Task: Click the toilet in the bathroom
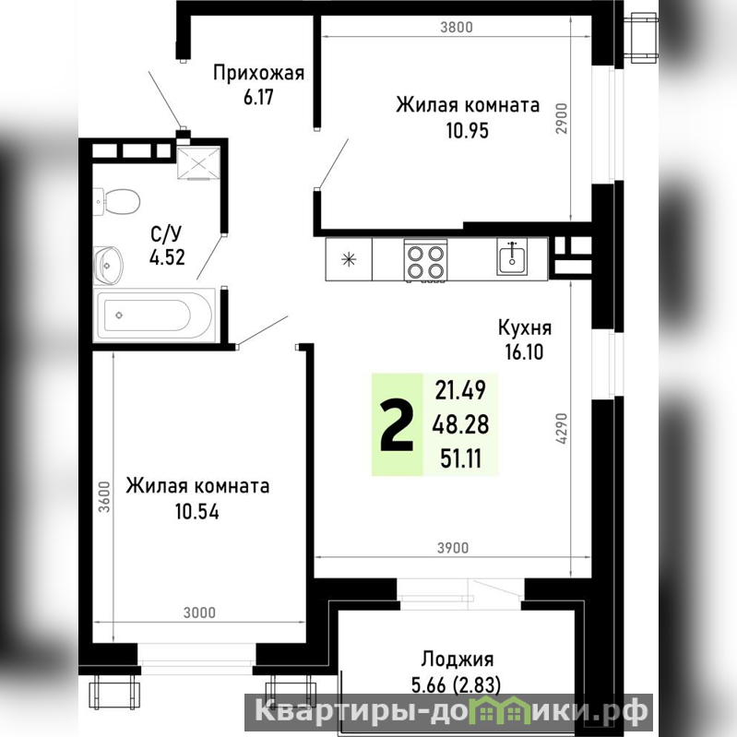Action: click(117, 202)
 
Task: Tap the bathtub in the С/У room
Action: click(154, 315)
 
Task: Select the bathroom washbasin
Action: click(108, 266)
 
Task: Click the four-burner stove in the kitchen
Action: click(425, 261)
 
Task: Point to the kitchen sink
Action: click(512, 256)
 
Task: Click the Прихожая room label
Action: click(258, 73)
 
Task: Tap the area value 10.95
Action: click(468, 131)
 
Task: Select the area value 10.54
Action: click(197, 511)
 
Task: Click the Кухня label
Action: click(525, 327)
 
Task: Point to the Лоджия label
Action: click(457, 659)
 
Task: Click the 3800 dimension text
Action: click(457, 28)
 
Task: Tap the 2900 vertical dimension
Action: click(562, 118)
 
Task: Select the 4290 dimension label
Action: click(561, 428)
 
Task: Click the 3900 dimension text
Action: click(453, 548)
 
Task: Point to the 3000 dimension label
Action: click(199, 612)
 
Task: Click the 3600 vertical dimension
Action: click(104, 496)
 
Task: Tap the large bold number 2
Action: click(398, 424)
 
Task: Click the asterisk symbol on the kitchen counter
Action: click(349, 259)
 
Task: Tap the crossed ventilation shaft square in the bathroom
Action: click(199, 162)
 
